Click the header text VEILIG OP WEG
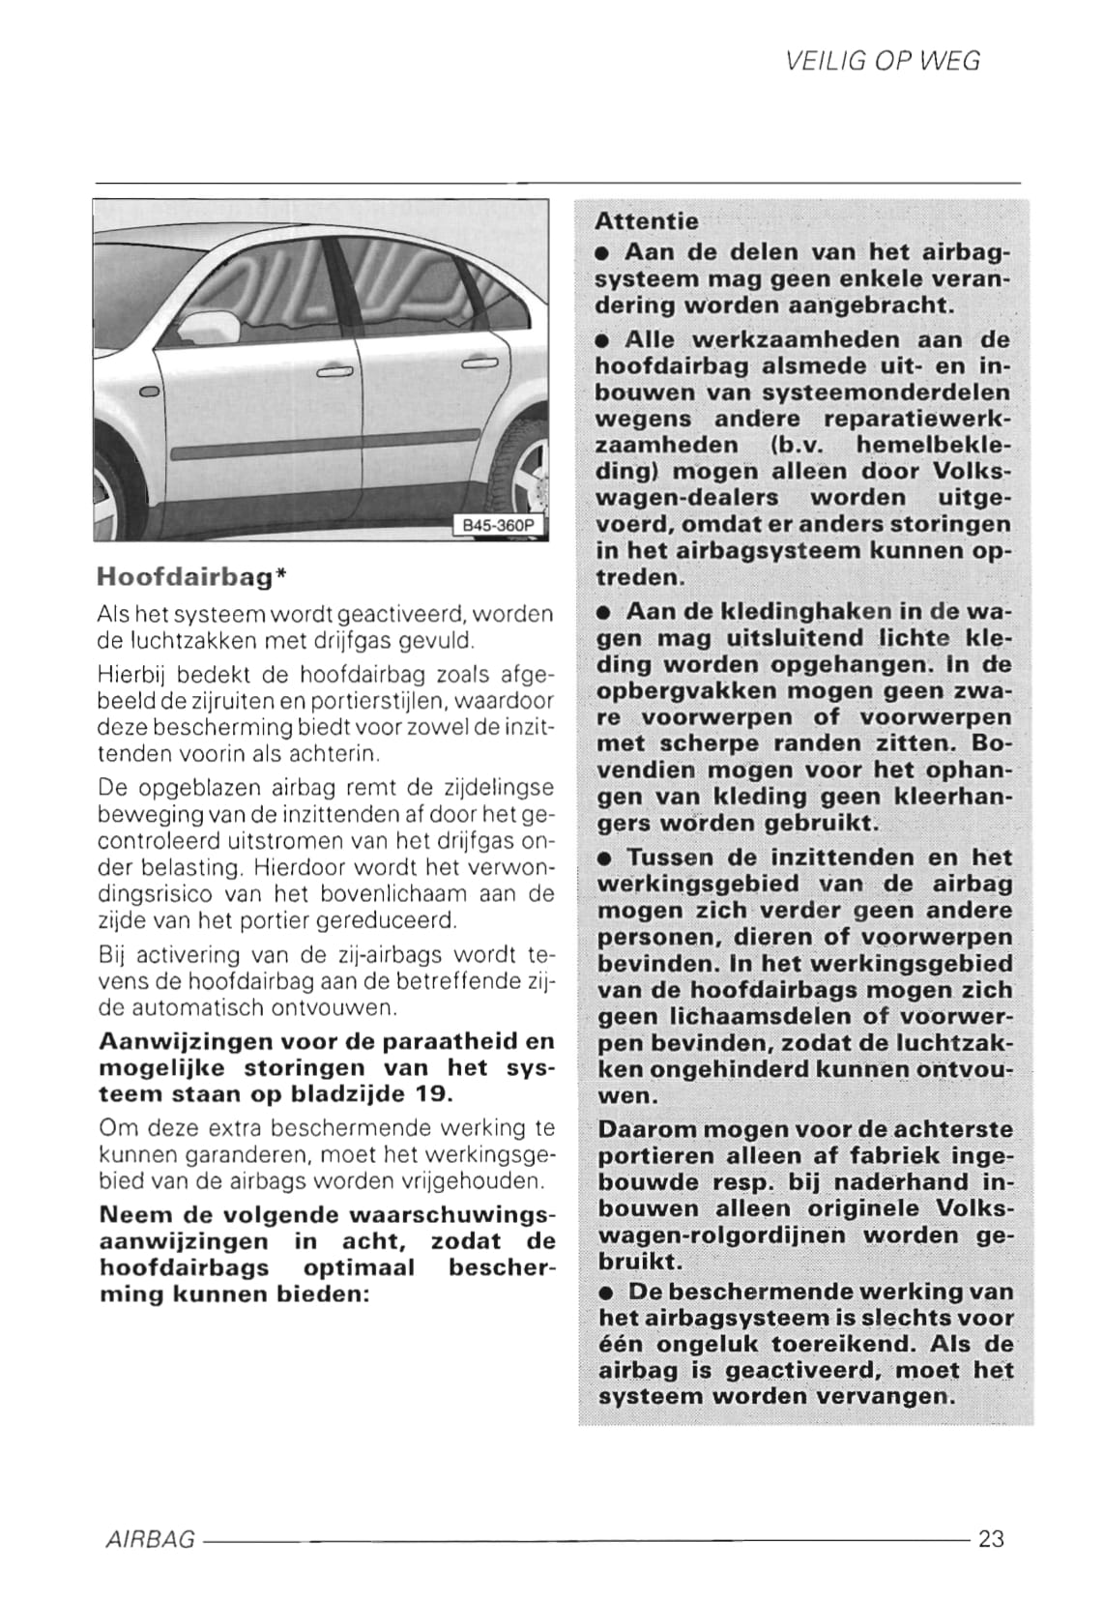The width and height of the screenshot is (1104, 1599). pyautogui.click(x=882, y=62)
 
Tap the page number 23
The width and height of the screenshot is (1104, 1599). pyautogui.click(x=991, y=1538)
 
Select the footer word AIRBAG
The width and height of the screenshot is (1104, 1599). pyautogui.click(x=150, y=1539)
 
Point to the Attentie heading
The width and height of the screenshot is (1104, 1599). pyautogui.click(x=646, y=221)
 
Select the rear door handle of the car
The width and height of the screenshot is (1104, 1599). pyautogui.click(x=479, y=363)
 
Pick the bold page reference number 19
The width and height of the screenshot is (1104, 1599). pyautogui.click(x=433, y=1094)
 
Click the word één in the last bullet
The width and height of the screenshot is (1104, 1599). pyautogui.click(x=622, y=1345)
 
